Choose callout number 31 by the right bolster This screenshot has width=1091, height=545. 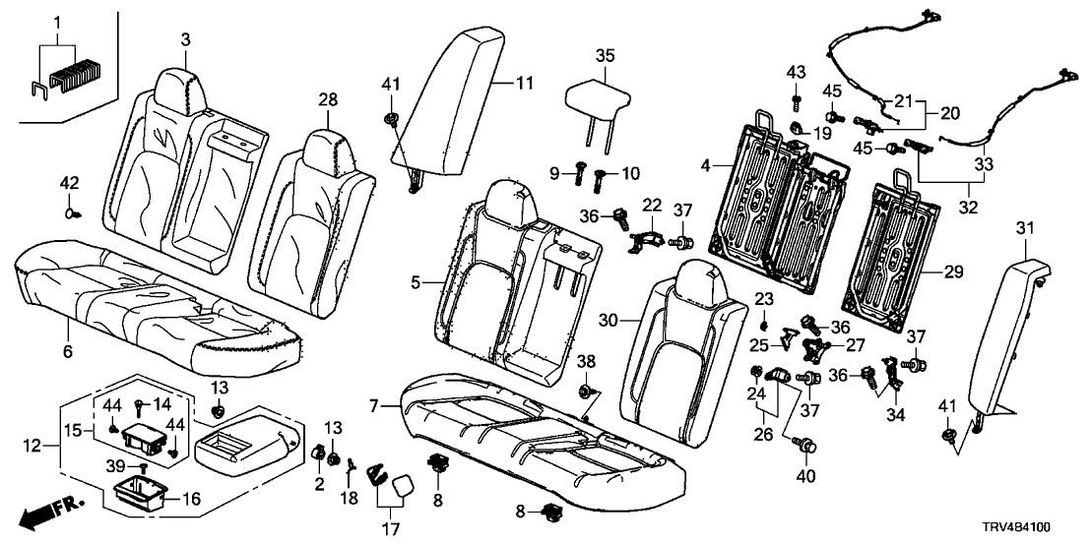(x=1027, y=229)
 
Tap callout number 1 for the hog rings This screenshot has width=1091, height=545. (x=57, y=22)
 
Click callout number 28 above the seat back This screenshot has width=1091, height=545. (x=327, y=99)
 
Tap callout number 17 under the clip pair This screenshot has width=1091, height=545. (x=390, y=529)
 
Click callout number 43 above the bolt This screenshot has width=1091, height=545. (x=796, y=72)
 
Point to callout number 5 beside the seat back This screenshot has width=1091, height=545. (x=417, y=281)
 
